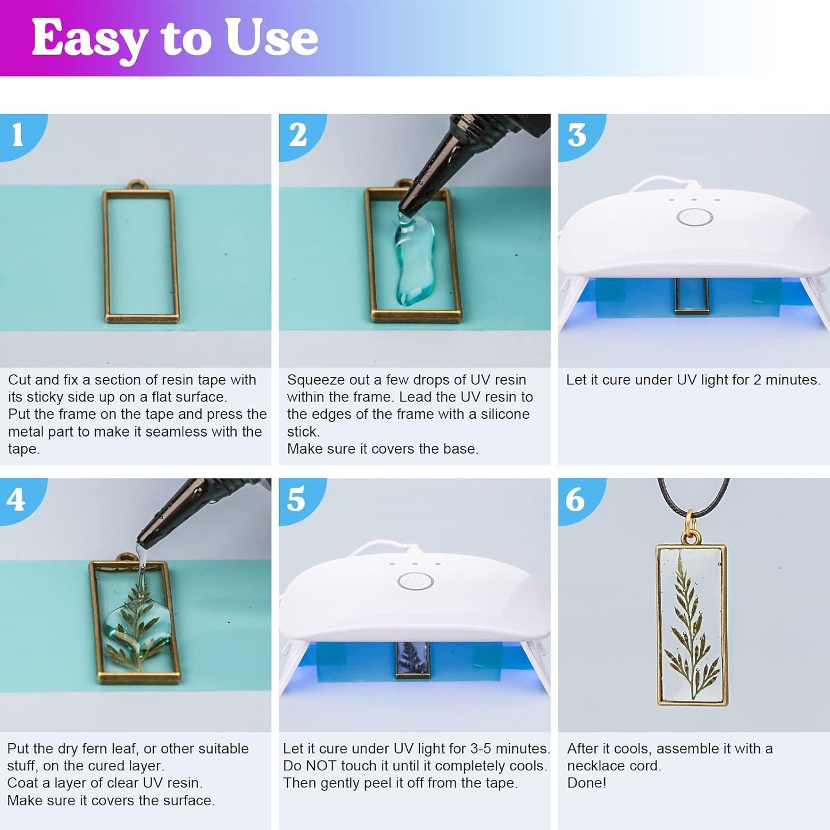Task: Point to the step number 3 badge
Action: tap(577, 136)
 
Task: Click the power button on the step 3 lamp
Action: tap(694, 218)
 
